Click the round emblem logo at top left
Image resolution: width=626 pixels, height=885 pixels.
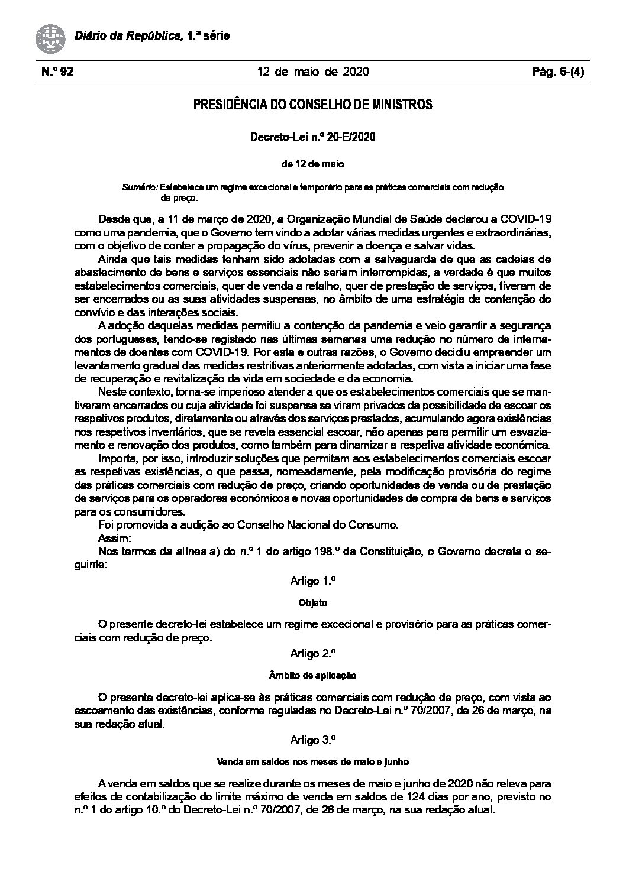click(51, 37)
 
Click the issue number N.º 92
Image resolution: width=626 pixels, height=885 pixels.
click(57, 72)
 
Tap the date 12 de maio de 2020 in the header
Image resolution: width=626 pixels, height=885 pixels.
click(313, 72)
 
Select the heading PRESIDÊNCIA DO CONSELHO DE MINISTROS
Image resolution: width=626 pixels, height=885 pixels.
click(313, 105)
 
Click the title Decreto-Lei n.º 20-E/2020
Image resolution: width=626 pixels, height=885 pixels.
click(313, 137)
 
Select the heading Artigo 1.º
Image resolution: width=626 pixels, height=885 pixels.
click(313, 581)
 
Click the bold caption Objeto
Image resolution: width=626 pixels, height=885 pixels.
click(313, 604)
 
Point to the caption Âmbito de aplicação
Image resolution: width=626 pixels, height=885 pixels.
click(313, 676)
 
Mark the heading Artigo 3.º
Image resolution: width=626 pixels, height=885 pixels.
click(313, 739)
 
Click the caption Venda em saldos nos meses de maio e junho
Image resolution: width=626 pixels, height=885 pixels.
click(313, 762)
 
